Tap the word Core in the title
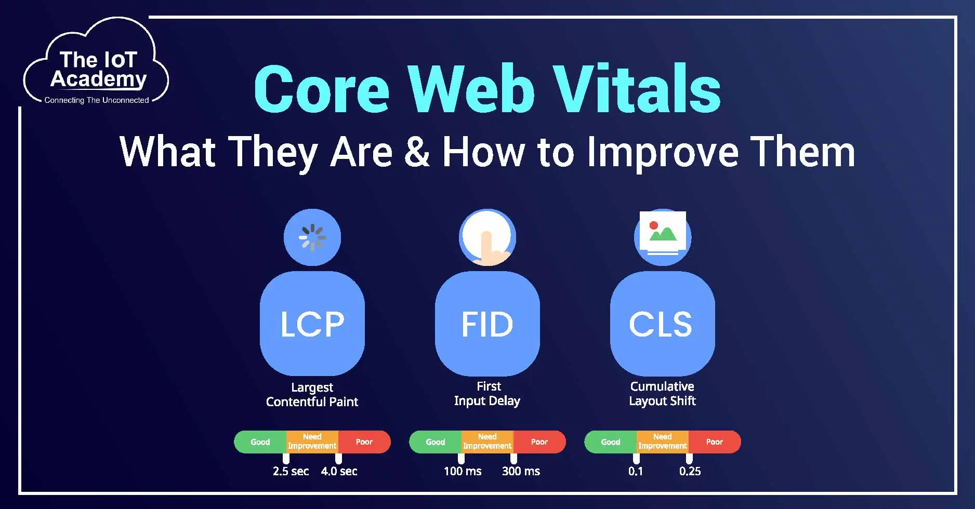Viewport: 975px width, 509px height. click(x=321, y=89)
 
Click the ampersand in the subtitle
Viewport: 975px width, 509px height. click(x=416, y=152)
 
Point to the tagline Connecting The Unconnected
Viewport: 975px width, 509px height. click(x=97, y=100)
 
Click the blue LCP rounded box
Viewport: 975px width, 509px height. click(x=312, y=324)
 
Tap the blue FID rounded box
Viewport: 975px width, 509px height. click(x=487, y=324)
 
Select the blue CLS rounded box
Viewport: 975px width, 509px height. click(x=662, y=324)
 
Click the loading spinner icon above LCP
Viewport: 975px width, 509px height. click(x=312, y=237)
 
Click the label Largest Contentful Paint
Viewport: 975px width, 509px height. click(x=312, y=394)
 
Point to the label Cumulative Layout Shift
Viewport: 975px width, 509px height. click(x=662, y=393)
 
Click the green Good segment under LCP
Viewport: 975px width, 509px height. click(x=260, y=442)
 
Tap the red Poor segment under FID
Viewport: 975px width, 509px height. click(x=539, y=442)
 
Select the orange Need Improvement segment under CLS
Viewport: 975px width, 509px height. click(x=662, y=441)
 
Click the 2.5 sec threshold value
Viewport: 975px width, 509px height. click(x=291, y=471)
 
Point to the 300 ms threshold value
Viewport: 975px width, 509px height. click(x=521, y=471)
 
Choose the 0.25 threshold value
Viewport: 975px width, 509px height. click(x=690, y=471)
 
